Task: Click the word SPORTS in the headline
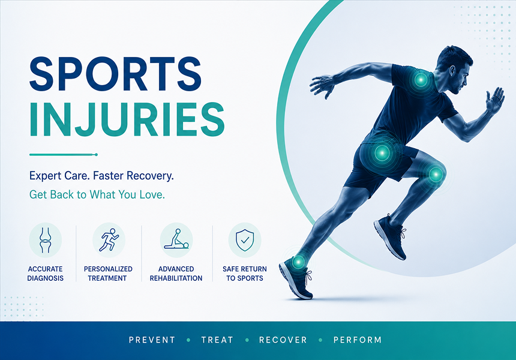coord(115,74)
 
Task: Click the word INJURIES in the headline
coord(127,119)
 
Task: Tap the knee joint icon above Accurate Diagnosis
coord(46,240)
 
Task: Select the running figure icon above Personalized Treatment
coord(109,240)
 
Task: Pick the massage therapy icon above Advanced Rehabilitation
coord(176,239)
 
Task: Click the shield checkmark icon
coord(245,240)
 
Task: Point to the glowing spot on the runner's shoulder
coord(421,80)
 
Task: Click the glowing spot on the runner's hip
coord(382,152)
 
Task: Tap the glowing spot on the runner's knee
coord(436,174)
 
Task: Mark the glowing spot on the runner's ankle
coord(298,262)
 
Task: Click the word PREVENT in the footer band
coord(152,340)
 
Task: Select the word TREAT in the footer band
coord(217,340)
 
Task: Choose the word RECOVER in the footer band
coord(283,340)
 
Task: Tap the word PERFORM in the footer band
coord(358,340)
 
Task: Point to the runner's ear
coord(452,70)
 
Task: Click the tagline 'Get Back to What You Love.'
coord(97,195)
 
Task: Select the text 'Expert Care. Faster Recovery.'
coord(101,176)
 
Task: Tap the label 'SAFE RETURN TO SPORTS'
coord(245,274)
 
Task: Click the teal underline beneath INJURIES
coord(64,154)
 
